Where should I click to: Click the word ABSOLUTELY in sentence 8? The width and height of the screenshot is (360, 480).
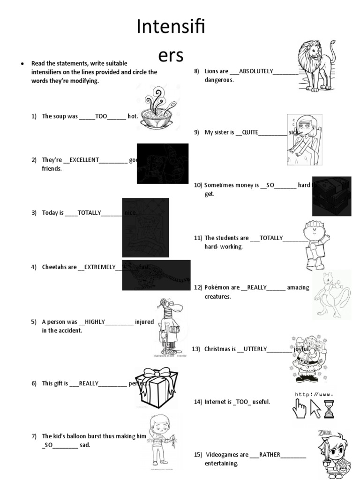[256, 71]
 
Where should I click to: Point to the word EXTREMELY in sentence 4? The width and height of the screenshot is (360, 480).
[99, 267]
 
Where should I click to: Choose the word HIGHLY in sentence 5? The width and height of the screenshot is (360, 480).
[95, 322]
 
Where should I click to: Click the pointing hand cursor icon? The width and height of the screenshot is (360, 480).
[299, 408]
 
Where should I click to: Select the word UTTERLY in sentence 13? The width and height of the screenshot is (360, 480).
[255, 349]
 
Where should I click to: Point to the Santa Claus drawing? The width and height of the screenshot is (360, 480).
[307, 359]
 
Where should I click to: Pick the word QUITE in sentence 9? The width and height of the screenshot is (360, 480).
[250, 133]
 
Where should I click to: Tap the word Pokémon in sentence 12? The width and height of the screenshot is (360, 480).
[216, 287]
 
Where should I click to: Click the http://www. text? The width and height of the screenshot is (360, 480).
[314, 395]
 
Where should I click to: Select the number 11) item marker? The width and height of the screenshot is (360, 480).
[197, 238]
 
